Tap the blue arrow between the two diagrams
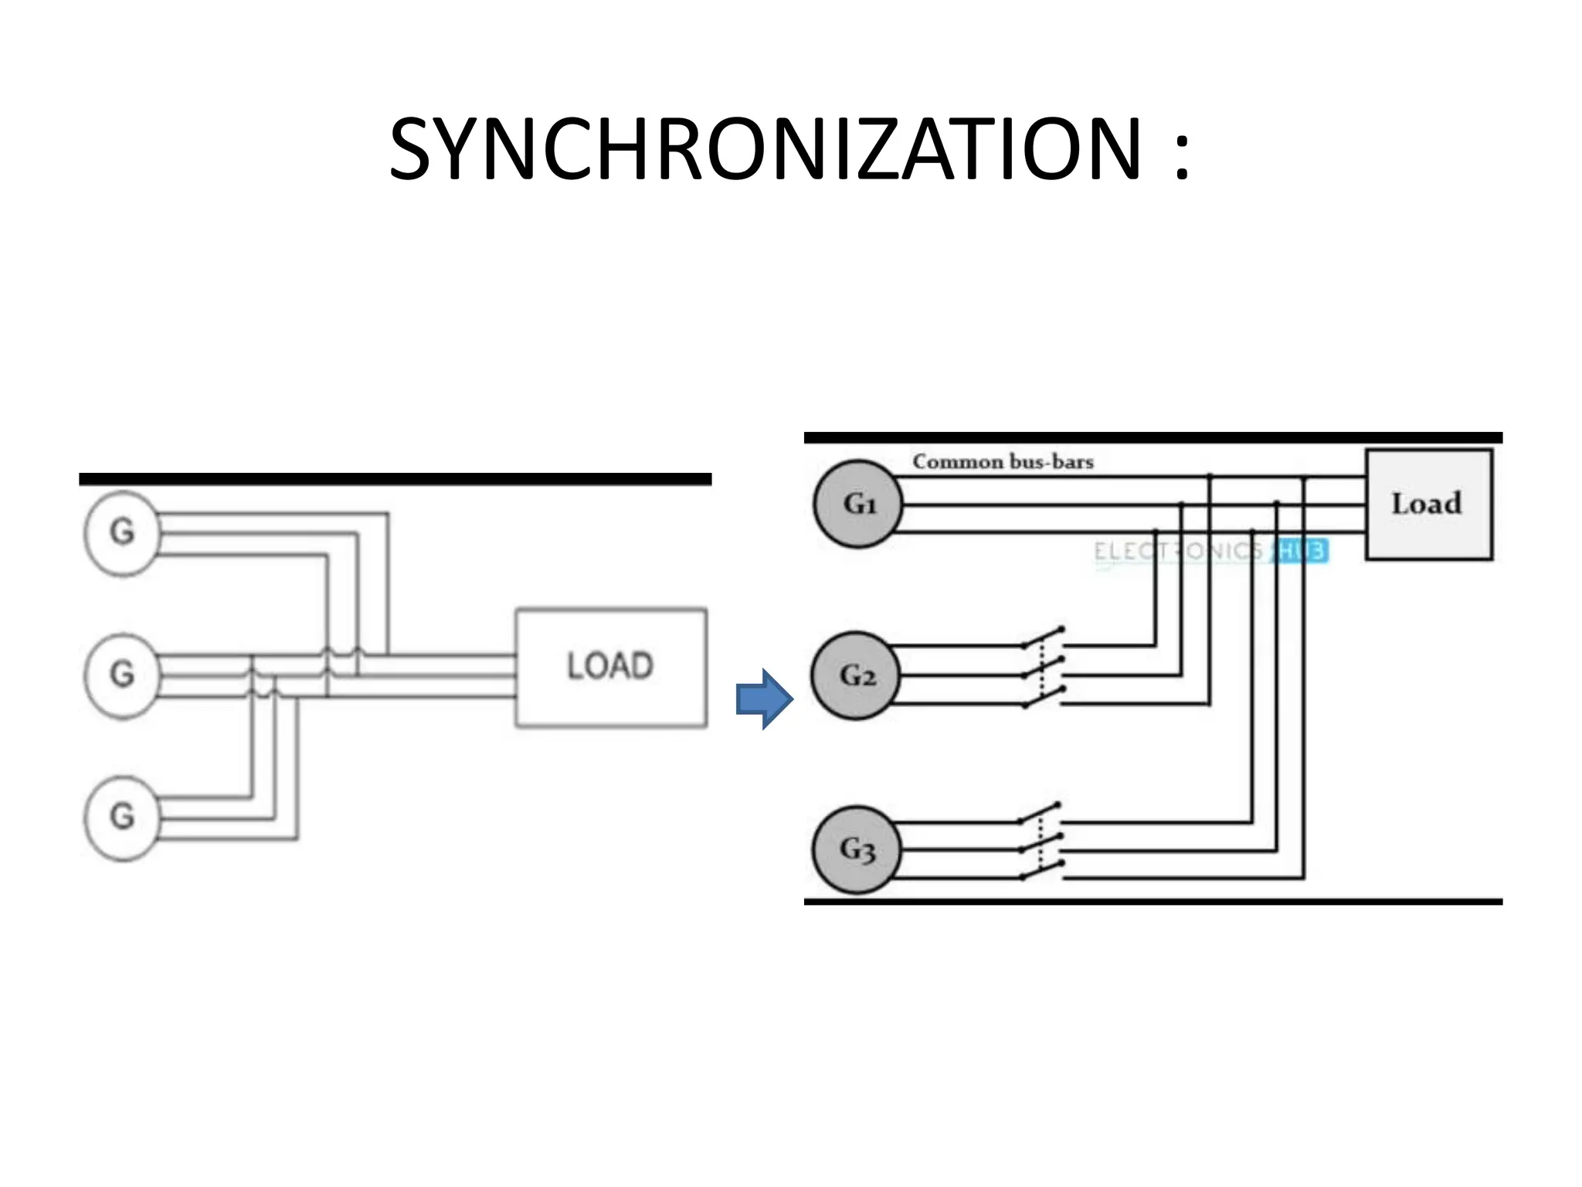(x=764, y=699)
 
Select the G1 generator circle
(x=858, y=504)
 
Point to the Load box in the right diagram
(x=1428, y=504)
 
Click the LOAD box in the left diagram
(x=610, y=668)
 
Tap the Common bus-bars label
(x=1003, y=461)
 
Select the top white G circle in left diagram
(x=121, y=532)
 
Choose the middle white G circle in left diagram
(x=121, y=675)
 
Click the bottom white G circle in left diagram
(x=121, y=818)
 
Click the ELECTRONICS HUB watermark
(x=1210, y=551)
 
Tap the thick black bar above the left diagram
(x=395, y=479)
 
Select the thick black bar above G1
(x=1153, y=437)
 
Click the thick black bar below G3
(x=1153, y=901)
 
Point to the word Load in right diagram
(x=1426, y=504)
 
